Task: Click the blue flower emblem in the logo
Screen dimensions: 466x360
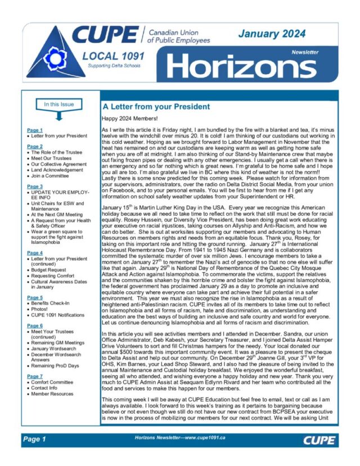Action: tap(55, 58)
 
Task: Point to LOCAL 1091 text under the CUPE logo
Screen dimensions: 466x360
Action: tap(113, 56)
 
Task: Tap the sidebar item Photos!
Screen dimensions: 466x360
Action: tap(40, 309)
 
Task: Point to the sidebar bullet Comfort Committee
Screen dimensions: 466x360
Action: tap(55, 382)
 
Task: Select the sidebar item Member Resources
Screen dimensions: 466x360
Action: tap(54, 394)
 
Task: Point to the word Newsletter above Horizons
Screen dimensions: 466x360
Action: tap(304, 52)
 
